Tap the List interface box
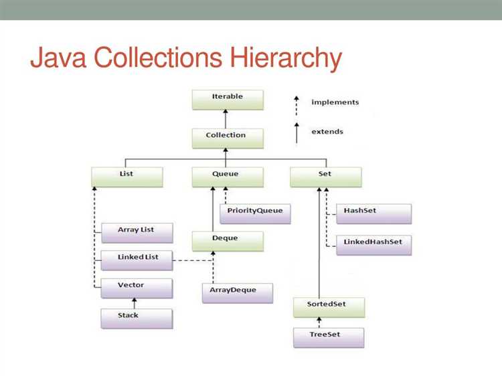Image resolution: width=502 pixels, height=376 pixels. (127, 176)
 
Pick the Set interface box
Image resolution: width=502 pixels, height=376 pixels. (326, 176)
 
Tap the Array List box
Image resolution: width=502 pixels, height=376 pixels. (136, 231)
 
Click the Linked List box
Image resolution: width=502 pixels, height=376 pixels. (139, 259)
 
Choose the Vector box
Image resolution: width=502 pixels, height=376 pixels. (136, 288)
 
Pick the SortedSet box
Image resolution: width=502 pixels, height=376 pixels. (329, 306)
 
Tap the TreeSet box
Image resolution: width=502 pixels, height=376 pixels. (329, 337)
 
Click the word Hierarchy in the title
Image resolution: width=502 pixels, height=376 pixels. (286, 59)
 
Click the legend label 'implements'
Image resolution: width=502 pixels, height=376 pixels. (335, 102)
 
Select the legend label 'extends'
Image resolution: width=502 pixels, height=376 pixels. (327, 132)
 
